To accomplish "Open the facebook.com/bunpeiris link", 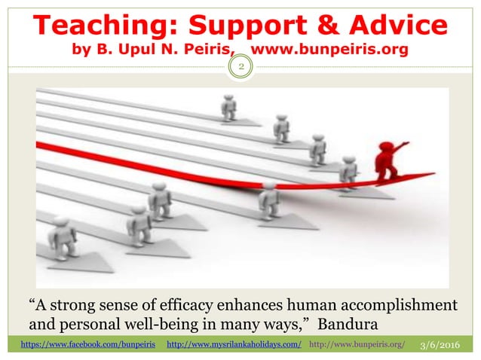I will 85,345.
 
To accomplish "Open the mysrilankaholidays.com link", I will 233,345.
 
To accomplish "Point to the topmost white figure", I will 228,106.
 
